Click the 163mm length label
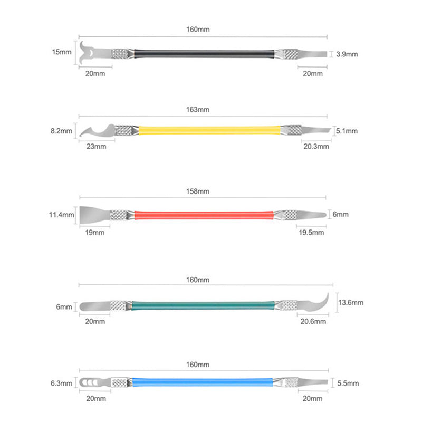[198, 110]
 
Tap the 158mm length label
[198, 191]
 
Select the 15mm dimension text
[62, 52]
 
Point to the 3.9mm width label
[347, 54]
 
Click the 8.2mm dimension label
[61, 131]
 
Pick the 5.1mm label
[347, 131]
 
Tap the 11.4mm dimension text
[61, 215]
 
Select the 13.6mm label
[351, 302]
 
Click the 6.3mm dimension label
[61, 383]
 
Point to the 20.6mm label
[313, 321]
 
